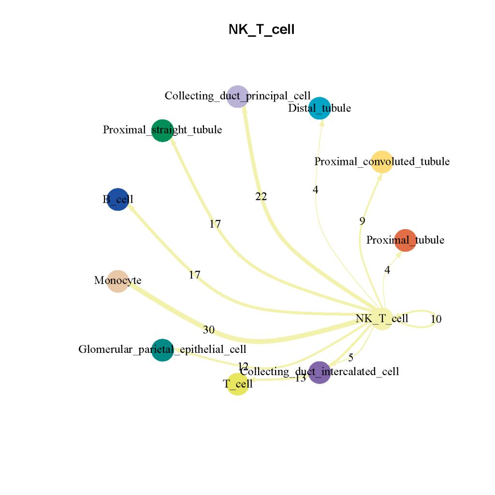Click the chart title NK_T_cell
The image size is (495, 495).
[x=262, y=30]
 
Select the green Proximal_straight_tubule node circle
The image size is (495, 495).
[x=162, y=131]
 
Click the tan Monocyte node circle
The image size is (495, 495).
[x=117, y=281]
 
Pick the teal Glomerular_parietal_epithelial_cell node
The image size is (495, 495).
[x=162, y=350]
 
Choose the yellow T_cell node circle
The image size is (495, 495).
[x=238, y=384]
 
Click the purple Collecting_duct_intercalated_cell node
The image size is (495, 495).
[x=319, y=372]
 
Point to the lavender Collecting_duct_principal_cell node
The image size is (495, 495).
[x=238, y=96]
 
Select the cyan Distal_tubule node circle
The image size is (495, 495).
[x=320, y=108]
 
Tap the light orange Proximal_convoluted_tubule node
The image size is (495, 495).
[x=381, y=161]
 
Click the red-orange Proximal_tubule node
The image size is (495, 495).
[x=406, y=240]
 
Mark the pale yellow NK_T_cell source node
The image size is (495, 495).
[x=381, y=319]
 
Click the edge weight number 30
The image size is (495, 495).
[x=208, y=330]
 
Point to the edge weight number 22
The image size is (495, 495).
[x=261, y=197]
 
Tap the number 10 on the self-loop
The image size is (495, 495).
[x=436, y=320]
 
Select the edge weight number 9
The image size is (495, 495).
[x=362, y=221]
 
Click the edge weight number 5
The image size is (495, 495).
[x=351, y=358]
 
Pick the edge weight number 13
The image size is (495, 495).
[x=300, y=379]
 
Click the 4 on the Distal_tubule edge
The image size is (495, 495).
[x=316, y=190]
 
